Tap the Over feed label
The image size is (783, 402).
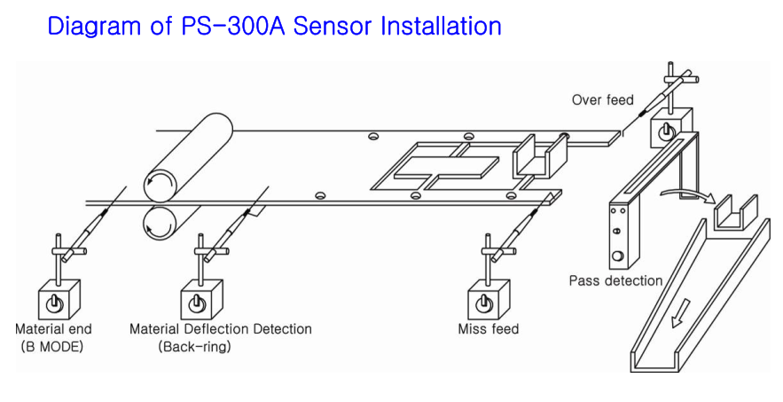click(x=602, y=99)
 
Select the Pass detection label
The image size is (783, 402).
click(x=615, y=281)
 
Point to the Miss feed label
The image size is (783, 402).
click(x=489, y=329)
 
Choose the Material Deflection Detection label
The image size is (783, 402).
click(x=221, y=329)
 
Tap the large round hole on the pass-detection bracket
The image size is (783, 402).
click(x=617, y=258)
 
